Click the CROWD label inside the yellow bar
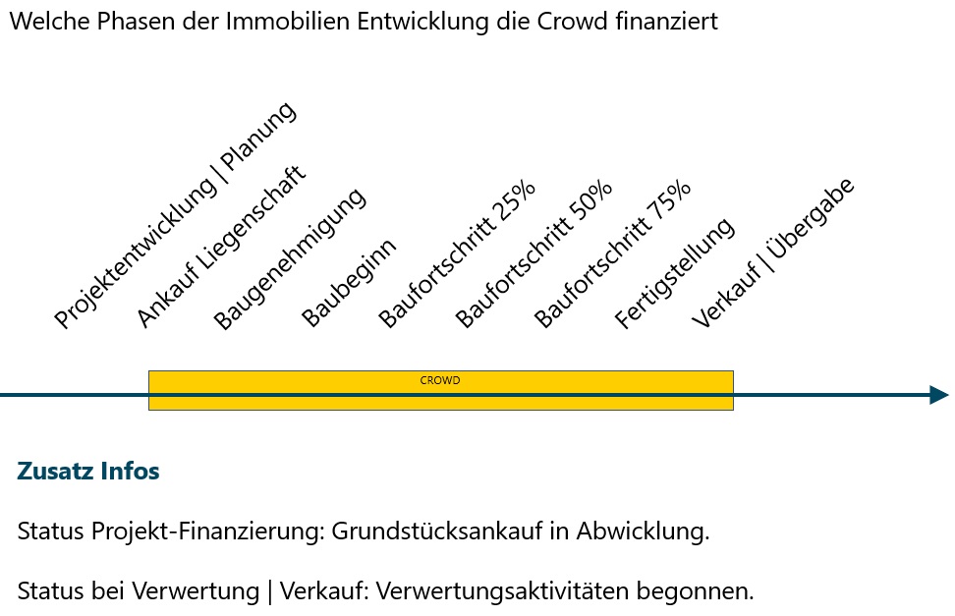pos(440,380)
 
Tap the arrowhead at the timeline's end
pos(939,395)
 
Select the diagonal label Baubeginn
pos(349,282)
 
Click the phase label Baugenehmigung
pos(289,258)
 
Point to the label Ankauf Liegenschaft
pos(220,247)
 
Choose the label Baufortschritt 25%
pos(456,254)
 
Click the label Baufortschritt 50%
pos(534,254)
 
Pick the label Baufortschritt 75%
pos(612,254)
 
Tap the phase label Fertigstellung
pos(674,273)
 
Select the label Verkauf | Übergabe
pos(773,252)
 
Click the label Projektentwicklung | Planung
pos(176,215)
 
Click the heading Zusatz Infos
pos(88,471)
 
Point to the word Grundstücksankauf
pos(436,531)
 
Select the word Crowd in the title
pos(573,21)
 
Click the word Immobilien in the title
pos(288,21)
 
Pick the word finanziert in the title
pos(667,21)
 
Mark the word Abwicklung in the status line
pos(644,531)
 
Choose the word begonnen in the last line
pos(695,591)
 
